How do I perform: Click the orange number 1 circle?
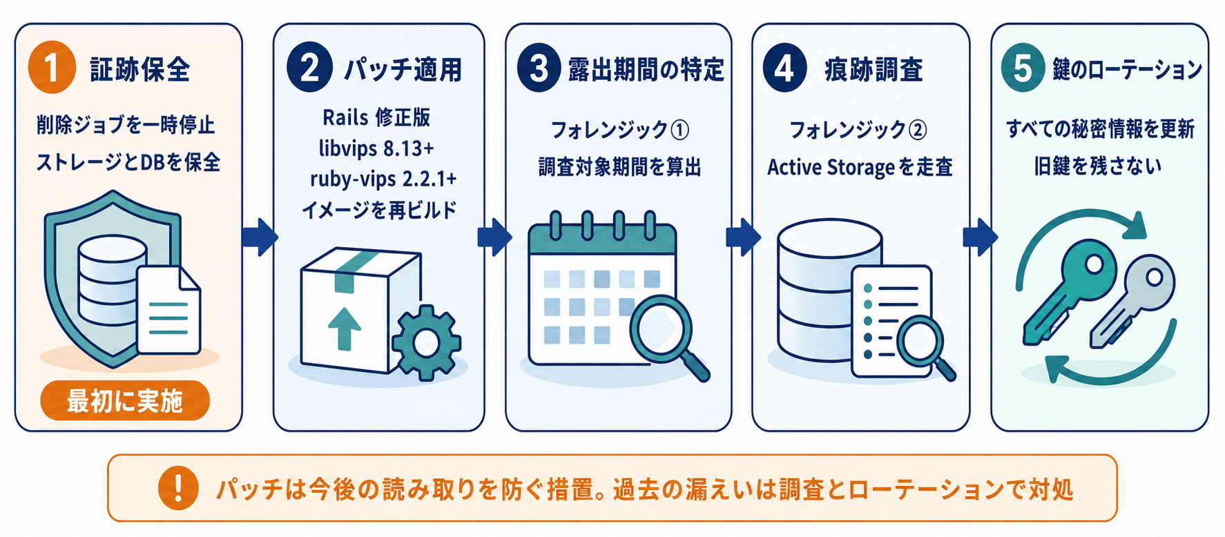tap(52, 68)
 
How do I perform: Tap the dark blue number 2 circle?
tap(310, 68)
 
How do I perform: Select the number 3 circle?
tap(539, 68)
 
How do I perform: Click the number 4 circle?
tap(784, 68)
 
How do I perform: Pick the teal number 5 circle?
tap(1023, 68)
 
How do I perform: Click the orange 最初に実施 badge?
tap(125, 400)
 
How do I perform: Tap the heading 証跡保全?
tap(140, 70)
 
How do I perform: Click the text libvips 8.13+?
tap(376, 148)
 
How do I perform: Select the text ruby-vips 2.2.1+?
tap(383, 179)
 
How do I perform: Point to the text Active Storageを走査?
tap(860, 167)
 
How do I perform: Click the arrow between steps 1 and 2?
tap(260, 237)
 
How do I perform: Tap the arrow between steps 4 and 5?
tap(981, 237)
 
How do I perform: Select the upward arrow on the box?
tap(345, 329)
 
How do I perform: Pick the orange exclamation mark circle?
tap(178, 488)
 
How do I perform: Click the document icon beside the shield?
tap(168, 310)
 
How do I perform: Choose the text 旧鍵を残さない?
tap(1098, 166)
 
